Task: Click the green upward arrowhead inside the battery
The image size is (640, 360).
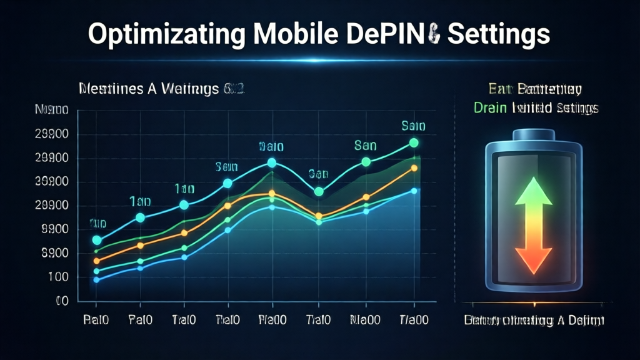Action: [533, 191]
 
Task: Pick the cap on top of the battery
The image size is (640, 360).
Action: [534, 134]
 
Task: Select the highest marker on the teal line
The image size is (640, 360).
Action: [414, 143]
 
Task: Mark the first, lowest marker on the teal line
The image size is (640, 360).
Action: [97, 240]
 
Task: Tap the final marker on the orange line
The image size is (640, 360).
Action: [414, 168]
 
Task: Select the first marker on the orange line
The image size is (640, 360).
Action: [97, 261]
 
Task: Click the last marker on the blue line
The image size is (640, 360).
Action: [414, 191]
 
